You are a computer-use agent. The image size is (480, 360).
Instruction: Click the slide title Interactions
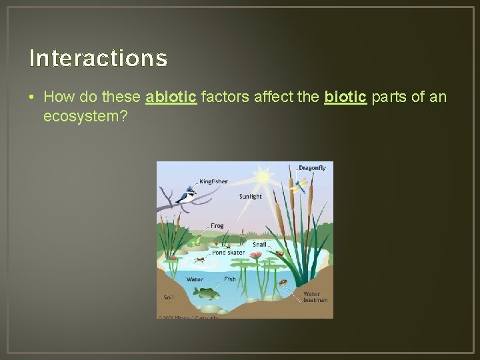[x=98, y=59]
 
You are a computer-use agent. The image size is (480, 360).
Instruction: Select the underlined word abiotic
[x=171, y=97]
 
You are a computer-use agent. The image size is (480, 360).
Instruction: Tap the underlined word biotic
[x=345, y=97]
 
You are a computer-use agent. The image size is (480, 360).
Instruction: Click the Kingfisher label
[x=213, y=181]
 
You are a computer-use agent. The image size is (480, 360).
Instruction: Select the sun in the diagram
[x=263, y=178]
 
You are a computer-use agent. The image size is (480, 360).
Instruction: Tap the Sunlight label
[x=251, y=197]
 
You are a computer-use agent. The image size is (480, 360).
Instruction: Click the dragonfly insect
[x=300, y=184]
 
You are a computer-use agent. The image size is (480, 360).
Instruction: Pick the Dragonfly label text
[x=312, y=168]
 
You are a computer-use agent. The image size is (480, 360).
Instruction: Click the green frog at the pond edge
[x=196, y=234]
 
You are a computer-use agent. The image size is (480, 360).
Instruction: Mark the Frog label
[x=217, y=226]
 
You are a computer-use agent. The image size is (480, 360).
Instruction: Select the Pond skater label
[x=228, y=253]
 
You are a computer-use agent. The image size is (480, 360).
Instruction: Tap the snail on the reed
[x=281, y=253]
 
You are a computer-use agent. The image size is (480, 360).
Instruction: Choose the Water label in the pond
[x=195, y=279]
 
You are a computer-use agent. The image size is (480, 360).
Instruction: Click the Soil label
[x=169, y=297]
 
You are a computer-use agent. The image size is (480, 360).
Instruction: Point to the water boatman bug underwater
[x=283, y=283]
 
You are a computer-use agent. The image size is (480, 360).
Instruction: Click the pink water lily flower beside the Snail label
[x=256, y=255]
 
